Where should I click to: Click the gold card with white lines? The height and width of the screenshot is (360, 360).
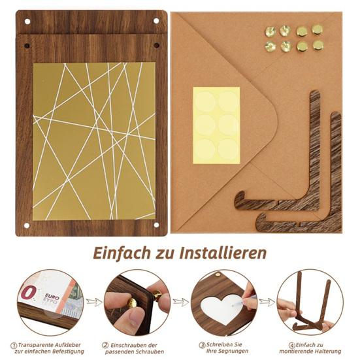[94, 140]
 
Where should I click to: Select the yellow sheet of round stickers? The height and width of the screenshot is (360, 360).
[216, 124]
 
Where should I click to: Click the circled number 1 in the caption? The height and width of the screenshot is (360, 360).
[14, 345]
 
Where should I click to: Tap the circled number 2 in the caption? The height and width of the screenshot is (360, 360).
[105, 345]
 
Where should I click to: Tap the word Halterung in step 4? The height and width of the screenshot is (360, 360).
[325, 353]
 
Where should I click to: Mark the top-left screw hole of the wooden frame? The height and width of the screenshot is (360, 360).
[28, 21]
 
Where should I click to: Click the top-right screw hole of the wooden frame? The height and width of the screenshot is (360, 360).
[155, 21]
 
